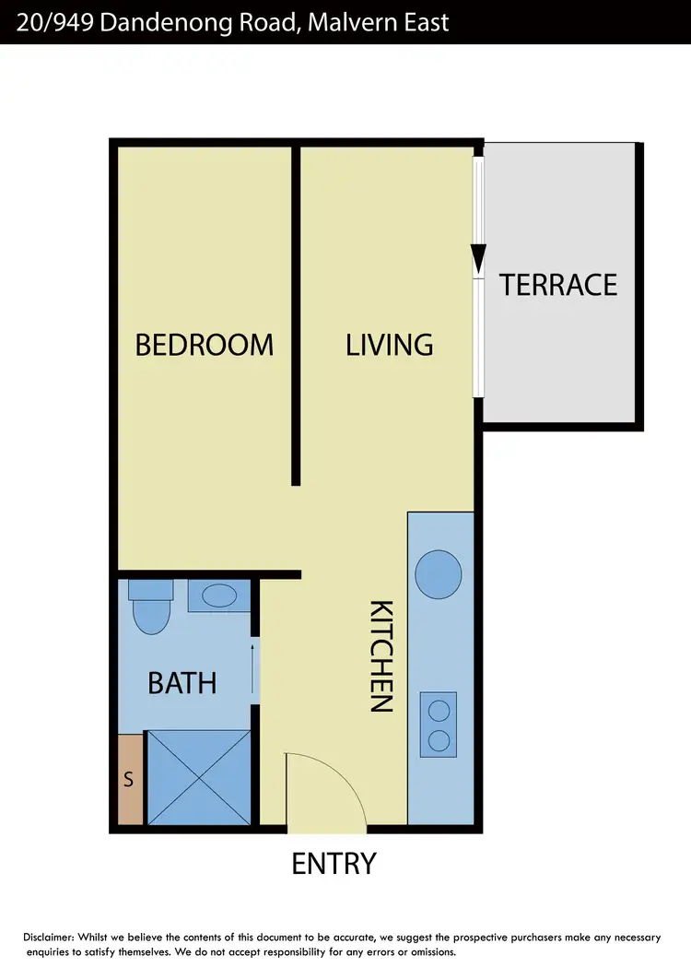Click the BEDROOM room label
pyautogui.click(x=204, y=345)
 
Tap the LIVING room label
pyautogui.click(x=389, y=345)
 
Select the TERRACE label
pyautogui.click(x=557, y=285)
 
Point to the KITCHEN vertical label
pyautogui.click(x=381, y=655)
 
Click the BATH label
pyautogui.click(x=182, y=683)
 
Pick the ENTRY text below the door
pyautogui.click(x=334, y=864)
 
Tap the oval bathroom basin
pyautogui.click(x=218, y=596)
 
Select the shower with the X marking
pyautogui.click(x=199, y=777)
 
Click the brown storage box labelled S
pyautogui.click(x=130, y=779)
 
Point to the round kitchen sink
pyautogui.click(x=439, y=575)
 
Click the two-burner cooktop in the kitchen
pyautogui.click(x=439, y=725)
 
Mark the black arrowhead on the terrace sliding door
pyautogui.click(x=478, y=257)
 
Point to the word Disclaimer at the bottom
pyautogui.click(x=52, y=938)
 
